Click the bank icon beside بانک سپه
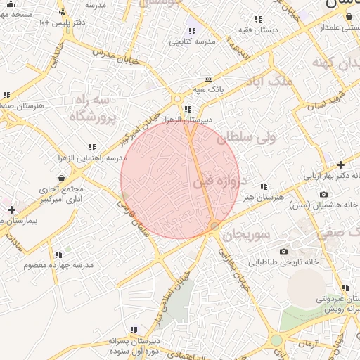(208, 79)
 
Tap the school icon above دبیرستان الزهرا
(186, 109)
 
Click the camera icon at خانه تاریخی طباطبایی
(283, 251)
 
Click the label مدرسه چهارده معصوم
(59, 265)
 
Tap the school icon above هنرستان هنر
(264, 186)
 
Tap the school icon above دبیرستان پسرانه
(134, 330)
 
